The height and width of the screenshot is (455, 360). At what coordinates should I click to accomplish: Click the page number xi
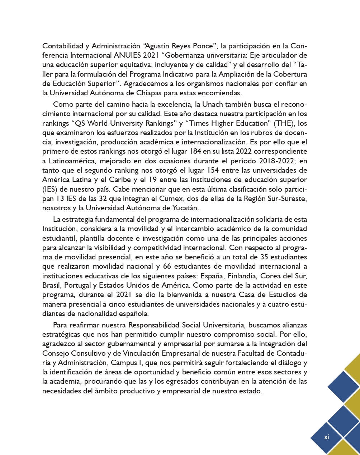click(x=326, y=437)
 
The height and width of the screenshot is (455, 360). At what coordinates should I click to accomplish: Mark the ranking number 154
click(x=213, y=170)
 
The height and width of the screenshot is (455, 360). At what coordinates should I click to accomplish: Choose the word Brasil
click(x=52, y=286)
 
